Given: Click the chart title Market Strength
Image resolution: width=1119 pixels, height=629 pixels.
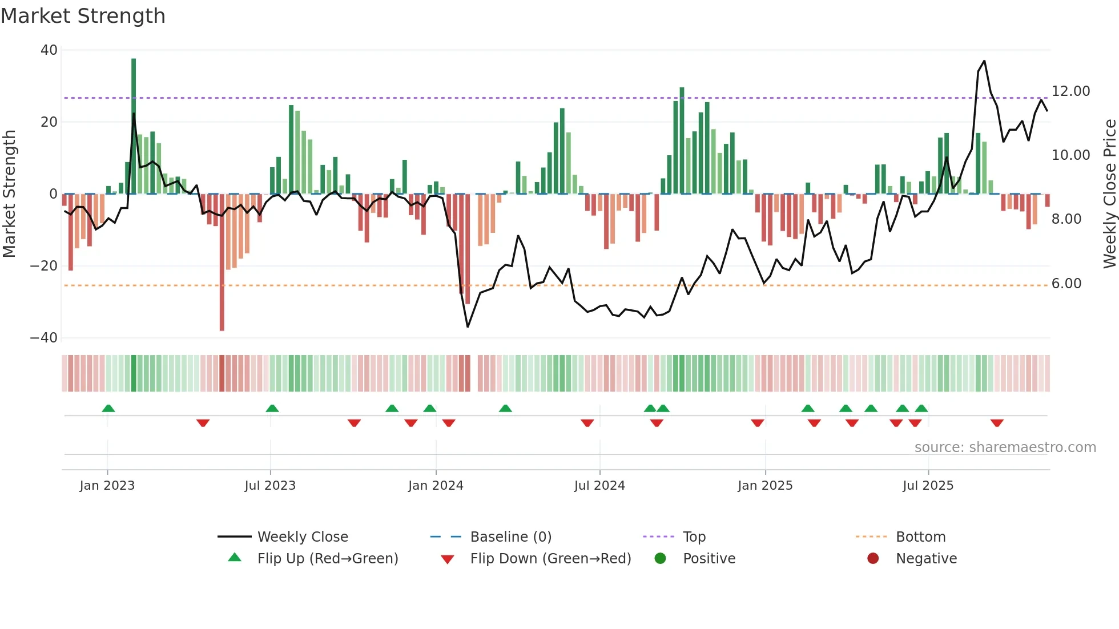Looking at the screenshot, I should pyautogui.click(x=83, y=16).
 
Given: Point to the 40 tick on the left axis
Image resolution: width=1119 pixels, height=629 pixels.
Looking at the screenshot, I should pyautogui.click(x=49, y=50).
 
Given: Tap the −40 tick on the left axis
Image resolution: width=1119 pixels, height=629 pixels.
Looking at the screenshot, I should pyautogui.click(x=44, y=338).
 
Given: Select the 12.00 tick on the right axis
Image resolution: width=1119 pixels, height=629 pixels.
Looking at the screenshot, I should pyautogui.click(x=1070, y=91).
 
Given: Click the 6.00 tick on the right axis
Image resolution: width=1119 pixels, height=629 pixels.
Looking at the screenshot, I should pyautogui.click(x=1066, y=284).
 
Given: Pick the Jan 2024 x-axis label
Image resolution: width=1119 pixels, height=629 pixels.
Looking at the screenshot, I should pyautogui.click(x=436, y=486).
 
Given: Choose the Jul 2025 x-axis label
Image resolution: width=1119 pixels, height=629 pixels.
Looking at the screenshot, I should pyautogui.click(x=928, y=486).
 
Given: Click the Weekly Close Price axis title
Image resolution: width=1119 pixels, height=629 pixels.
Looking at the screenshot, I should pyautogui.click(x=1109, y=194).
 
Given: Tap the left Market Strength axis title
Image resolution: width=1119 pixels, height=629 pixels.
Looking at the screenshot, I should pyautogui.click(x=10, y=194).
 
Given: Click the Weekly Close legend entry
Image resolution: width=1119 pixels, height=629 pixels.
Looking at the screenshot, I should pyautogui.click(x=302, y=537).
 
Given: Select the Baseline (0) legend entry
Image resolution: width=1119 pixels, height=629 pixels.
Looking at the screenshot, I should pyautogui.click(x=510, y=537).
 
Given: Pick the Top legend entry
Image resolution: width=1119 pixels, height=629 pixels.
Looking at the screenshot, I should pyautogui.click(x=694, y=537).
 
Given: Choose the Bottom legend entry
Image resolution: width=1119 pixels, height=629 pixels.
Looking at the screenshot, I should pyautogui.click(x=920, y=537).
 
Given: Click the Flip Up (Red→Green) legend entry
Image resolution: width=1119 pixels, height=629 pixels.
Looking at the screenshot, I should pyautogui.click(x=327, y=559).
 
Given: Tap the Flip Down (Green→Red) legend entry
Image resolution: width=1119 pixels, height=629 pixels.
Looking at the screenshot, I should pyautogui.click(x=550, y=559).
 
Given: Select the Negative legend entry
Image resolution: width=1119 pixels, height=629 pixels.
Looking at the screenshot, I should pyautogui.click(x=925, y=559).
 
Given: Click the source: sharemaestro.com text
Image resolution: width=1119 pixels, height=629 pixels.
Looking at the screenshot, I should pyautogui.click(x=1005, y=447).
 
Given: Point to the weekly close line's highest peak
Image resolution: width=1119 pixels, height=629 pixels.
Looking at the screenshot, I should pyautogui.click(x=984, y=61).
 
